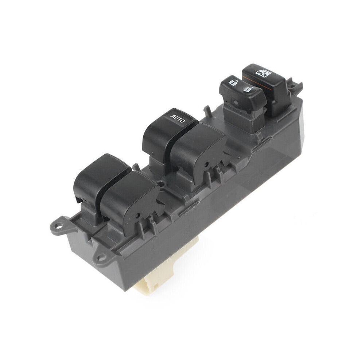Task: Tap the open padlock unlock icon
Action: click(232, 82)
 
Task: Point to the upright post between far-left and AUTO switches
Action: click(136, 167)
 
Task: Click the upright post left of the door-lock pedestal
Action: click(207, 109)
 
